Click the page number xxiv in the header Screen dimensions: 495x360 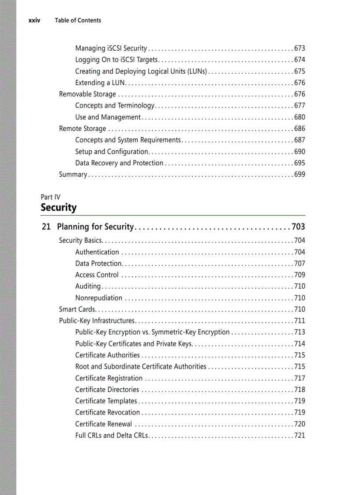(x=34, y=20)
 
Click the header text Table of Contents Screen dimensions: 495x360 (x=78, y=20)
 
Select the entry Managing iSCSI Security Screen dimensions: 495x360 (x=111, y=48)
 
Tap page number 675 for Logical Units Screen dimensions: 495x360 (x=300, y=71)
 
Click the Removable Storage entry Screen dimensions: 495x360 (x=87, y=94)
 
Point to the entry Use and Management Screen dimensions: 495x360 (x=108, y=117)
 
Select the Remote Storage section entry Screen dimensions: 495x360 (x=82, y=129)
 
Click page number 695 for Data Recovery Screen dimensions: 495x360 (x=300, y=163)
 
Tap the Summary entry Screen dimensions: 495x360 (x=73, y=175)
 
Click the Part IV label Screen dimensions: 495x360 (x=50, y=197)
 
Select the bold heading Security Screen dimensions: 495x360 (x=59, y=208)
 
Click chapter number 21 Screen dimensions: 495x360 (x=46, y=227)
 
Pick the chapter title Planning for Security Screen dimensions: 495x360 (x=95, y=227)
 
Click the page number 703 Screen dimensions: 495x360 (x=298, y=227)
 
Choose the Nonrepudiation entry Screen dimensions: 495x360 (x=99, y=298)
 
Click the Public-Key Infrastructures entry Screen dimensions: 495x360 (x=97, y=321)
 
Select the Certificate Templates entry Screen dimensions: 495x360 (x=106, y=401)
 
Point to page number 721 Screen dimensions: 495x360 (x=300, y=435)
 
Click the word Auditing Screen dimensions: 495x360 (x=88, y=287)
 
